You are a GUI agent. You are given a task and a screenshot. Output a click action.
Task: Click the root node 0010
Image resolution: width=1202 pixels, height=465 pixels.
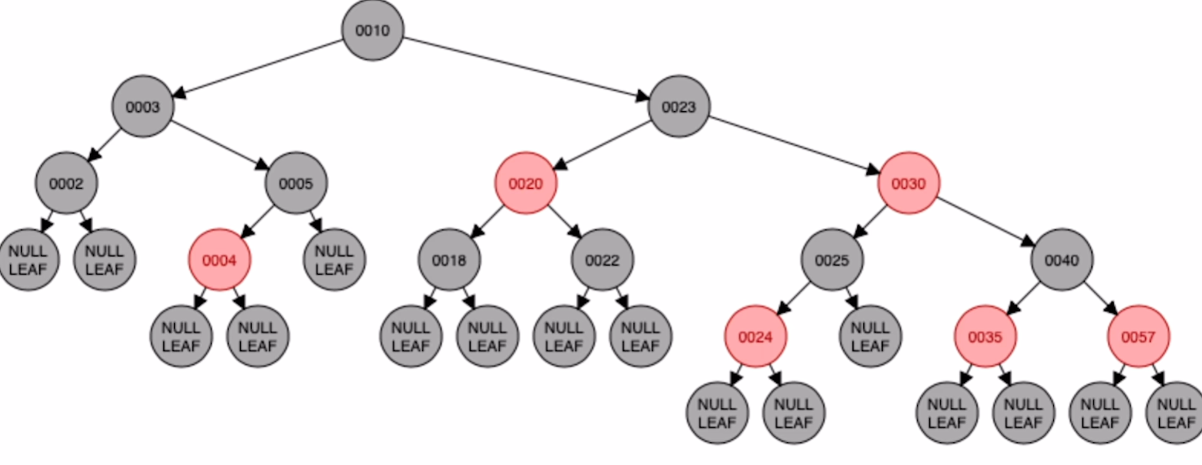tap(373, 30)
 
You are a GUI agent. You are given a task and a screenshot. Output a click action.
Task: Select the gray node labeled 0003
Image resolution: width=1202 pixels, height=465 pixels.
tap(142, 107)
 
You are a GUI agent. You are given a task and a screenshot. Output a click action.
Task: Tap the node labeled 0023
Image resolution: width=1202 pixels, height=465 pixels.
tap(678, 107)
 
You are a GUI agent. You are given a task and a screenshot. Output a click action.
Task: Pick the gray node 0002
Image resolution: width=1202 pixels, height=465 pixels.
tap(66, 183)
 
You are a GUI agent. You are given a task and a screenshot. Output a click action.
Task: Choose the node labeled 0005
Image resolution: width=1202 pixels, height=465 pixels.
tap(296, 183)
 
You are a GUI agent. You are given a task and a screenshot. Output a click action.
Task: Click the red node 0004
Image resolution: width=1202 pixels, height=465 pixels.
tap(219, 260)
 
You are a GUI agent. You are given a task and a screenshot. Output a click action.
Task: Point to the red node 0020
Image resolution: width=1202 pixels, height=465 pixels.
tap(525, 183)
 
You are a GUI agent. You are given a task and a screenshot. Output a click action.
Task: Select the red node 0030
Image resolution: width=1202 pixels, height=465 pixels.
tap(908, 183)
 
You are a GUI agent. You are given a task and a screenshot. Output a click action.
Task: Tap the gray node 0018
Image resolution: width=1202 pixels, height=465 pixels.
tap(449, 260)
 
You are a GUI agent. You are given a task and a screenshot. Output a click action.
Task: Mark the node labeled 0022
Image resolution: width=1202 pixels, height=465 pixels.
tap(602, 260)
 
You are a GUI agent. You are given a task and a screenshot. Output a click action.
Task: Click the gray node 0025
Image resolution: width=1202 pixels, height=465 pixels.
tap(832, 260)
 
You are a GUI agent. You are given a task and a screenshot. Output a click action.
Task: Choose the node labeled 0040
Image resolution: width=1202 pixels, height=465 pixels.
tap(1061, 260)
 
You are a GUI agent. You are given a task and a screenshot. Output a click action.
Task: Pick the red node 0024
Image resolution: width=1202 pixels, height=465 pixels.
tap(755, 337)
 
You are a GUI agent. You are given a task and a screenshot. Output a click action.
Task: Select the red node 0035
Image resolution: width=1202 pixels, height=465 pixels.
tap(985, 337)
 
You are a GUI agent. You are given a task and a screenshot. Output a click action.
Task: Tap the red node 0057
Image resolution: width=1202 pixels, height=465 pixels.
tap(1138, 337)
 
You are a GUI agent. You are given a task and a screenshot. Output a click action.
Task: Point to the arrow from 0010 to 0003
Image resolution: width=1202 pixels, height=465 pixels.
tap(258, 68)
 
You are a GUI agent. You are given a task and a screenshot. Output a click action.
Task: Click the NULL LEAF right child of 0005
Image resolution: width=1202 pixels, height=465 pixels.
tap(334, 260)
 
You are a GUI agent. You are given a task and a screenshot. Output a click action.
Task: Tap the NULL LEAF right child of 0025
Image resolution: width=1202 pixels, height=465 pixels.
tap(870, 337)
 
